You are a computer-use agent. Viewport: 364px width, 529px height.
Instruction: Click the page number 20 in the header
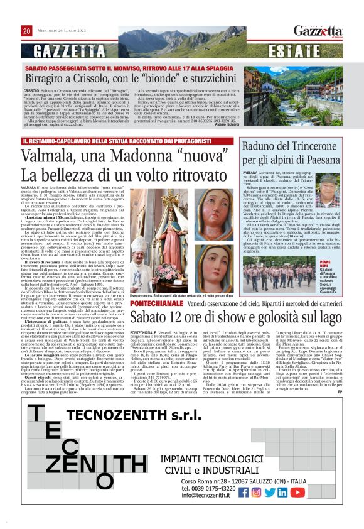26,31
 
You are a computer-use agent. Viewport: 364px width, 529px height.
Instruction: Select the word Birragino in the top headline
53,82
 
